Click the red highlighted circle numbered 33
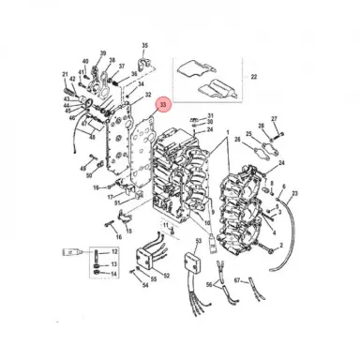click(163, 106)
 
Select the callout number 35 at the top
click(144, 45)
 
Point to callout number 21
click(66, 74)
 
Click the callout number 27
click(275, 119)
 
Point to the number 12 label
click(114, 253)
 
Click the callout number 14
click(114, 274)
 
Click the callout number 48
click(92, 138)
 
